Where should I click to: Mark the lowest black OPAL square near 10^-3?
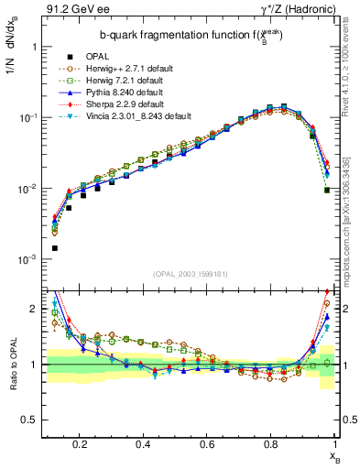coord(55,248)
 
